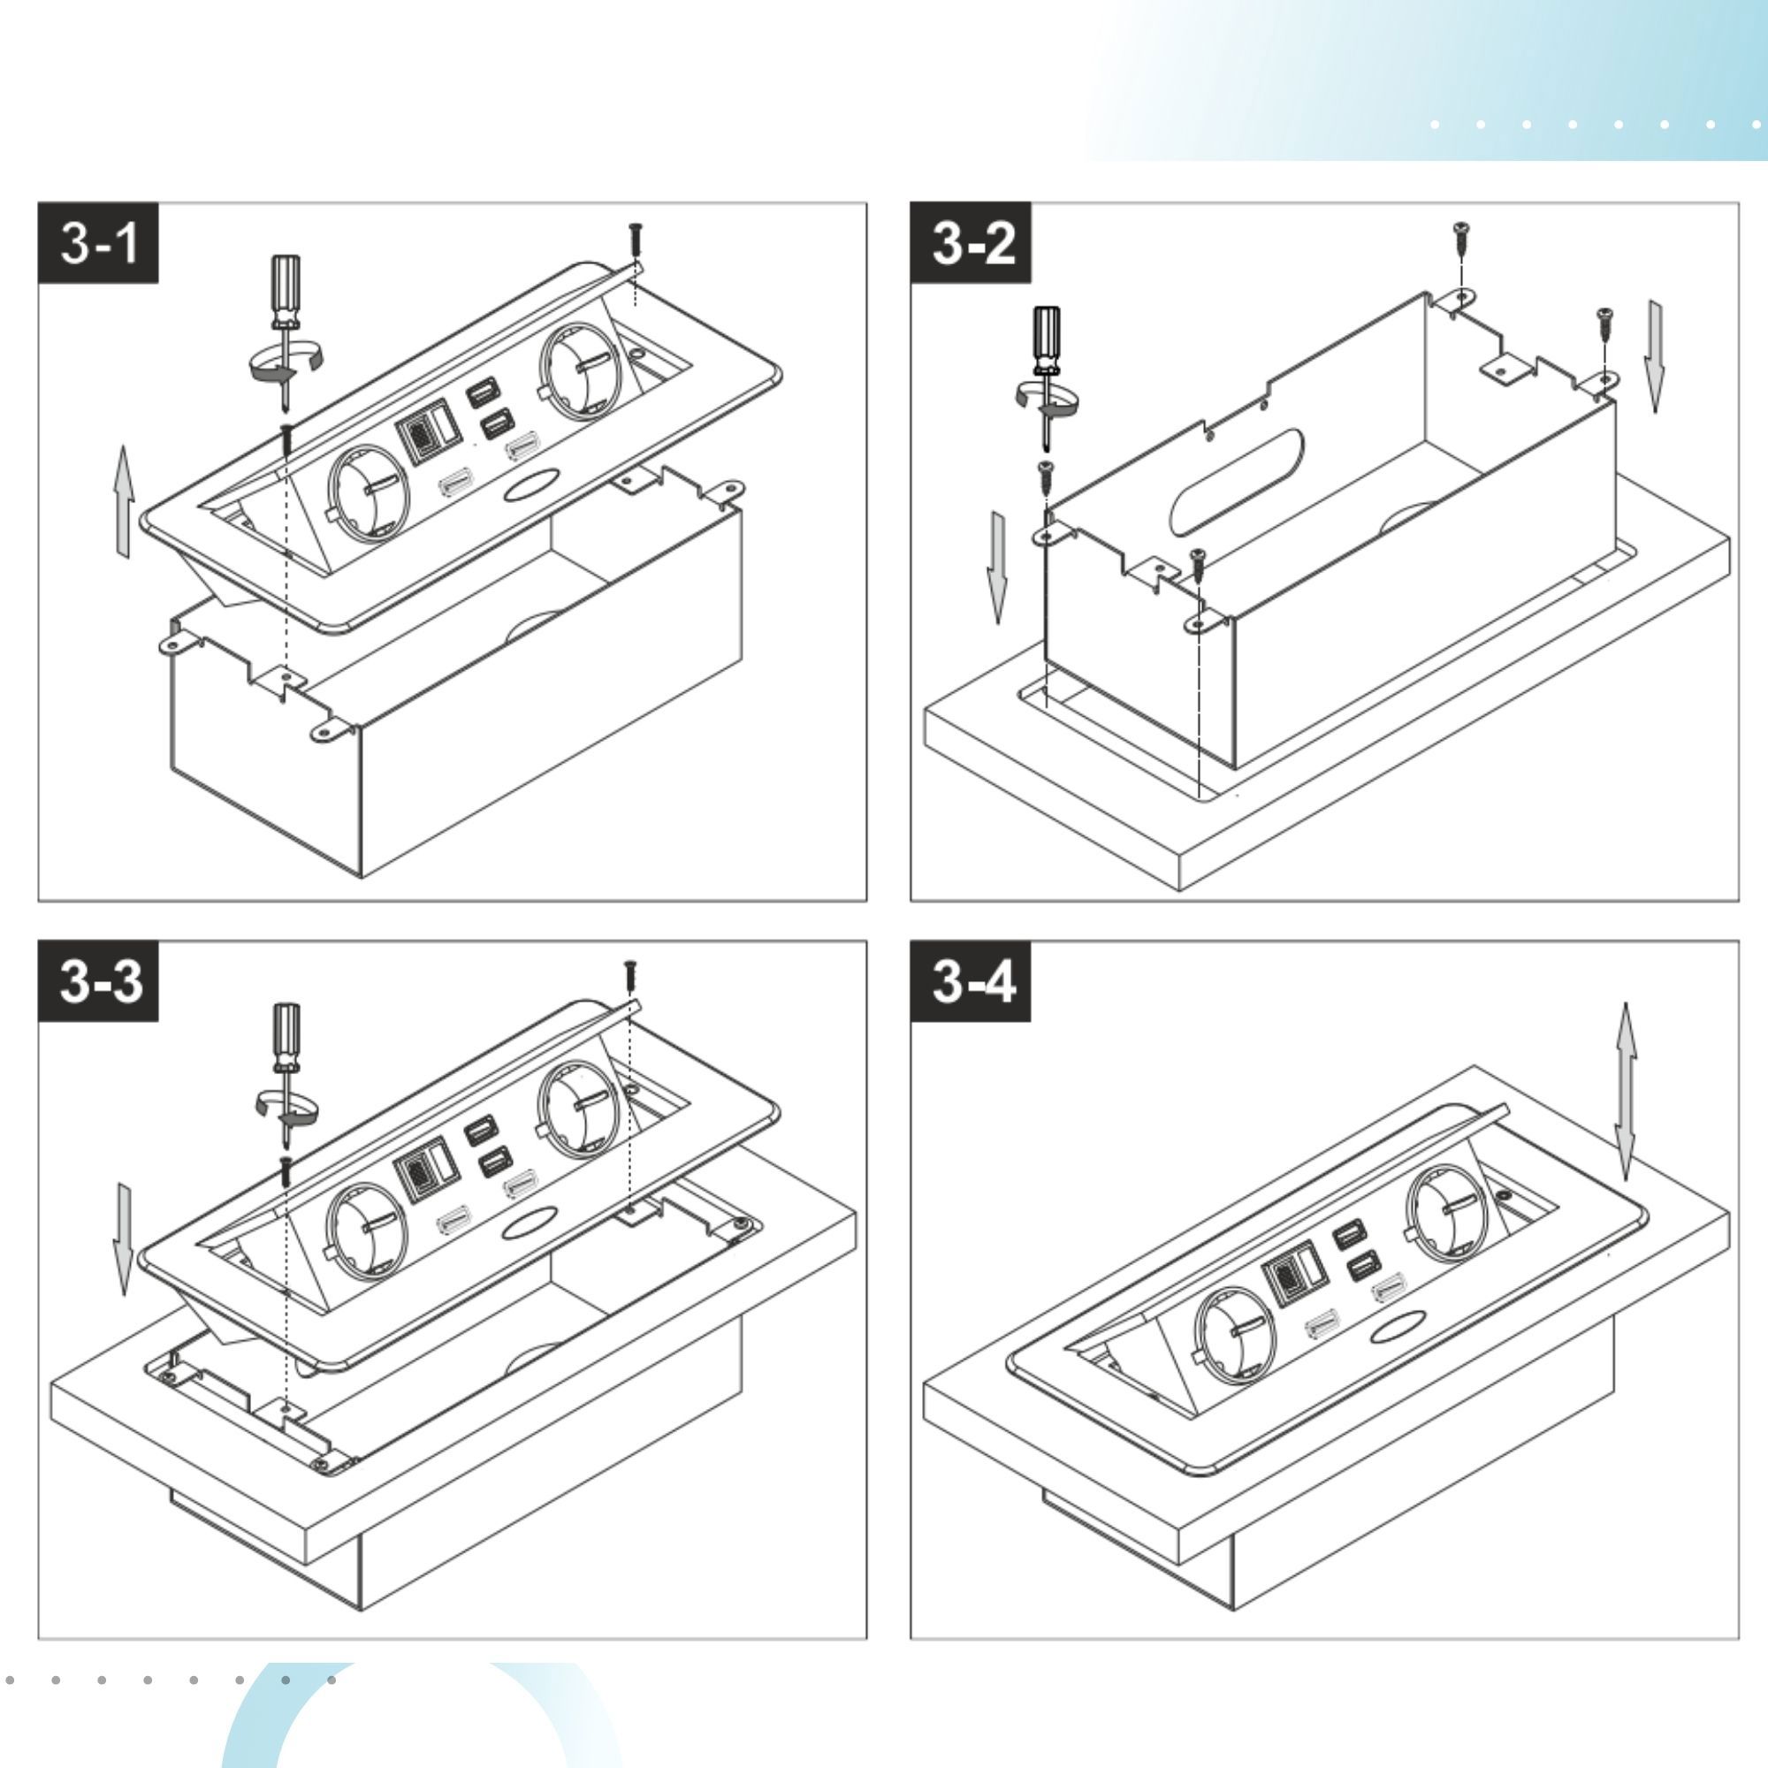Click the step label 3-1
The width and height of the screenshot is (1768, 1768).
coord(98,243)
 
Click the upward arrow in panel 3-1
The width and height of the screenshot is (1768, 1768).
coord(125,501)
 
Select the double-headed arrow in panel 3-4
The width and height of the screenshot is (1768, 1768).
coord(1626,1092)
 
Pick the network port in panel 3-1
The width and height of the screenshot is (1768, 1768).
coord(419,434)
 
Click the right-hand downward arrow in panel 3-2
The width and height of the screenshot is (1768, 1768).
coord(1655,356)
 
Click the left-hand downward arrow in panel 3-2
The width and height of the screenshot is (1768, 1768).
coord(996,568)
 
